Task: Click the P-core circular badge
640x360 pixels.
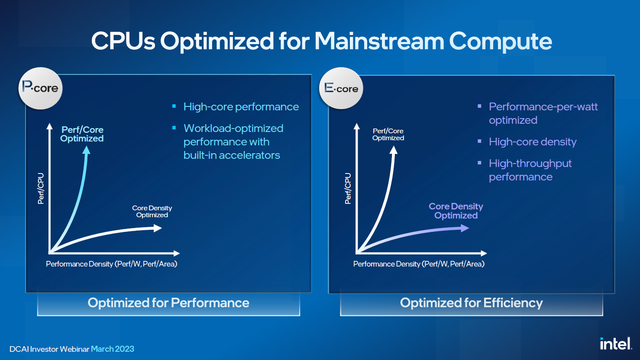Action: (x=40, y=88)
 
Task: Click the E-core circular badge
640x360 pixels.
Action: (x=341, y=88)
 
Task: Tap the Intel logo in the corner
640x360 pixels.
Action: (x=616, y=344)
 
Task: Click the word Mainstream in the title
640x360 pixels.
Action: (x=379, y=41)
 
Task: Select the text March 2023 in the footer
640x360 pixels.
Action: (x=112, y=349)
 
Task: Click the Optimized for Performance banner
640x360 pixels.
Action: (x=168, y=303)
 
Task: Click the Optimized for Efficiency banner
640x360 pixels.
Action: (x=472, y=303)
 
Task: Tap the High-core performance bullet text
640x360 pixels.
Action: (x=241, y=107)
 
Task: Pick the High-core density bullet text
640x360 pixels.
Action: (x=533, y=142)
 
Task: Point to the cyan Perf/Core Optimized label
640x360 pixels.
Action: (x=82, y=134)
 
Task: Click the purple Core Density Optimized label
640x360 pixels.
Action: (x=456, y=211)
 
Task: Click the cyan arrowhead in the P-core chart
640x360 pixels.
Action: (x=86, y=150)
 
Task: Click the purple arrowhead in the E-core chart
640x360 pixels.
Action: (x=465, y=228)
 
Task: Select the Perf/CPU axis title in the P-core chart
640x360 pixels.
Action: (x=41, y=188)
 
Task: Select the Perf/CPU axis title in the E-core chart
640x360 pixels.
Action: (x=348, y=188)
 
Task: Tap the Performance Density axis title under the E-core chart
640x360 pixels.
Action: (x=419, y=264)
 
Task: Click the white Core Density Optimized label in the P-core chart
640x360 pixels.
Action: (x=152, y=211)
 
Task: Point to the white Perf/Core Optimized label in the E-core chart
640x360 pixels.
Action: (x=388, y=134)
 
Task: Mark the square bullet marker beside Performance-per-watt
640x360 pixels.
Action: (x=479, y=106)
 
